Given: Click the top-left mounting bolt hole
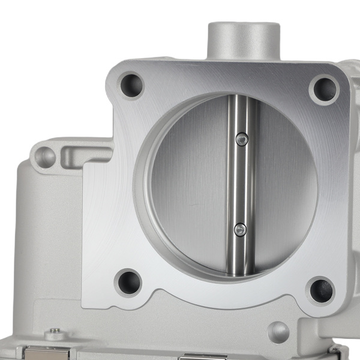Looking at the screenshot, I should (x=131, y=85).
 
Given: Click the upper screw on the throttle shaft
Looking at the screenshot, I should (x=241, y=139).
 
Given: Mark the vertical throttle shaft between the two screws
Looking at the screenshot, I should (x=240, y=183).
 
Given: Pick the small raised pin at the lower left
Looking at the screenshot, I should (x=55, y=331).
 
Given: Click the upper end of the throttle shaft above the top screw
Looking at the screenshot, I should (x=242, y=111).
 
